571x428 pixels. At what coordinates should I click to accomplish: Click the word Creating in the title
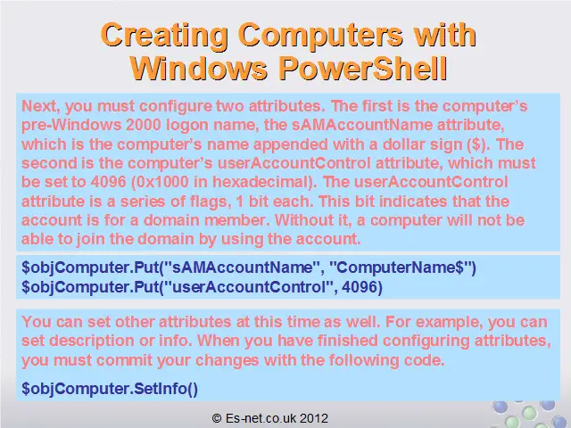(164, 37)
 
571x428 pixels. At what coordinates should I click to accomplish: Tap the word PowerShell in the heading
(363, 68)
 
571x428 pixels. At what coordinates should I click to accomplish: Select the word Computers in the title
(321, 37)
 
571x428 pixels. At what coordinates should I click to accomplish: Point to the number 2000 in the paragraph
(144, 125)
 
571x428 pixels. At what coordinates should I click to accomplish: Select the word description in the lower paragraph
(92, 341)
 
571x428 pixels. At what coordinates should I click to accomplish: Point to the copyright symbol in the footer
(217, 418)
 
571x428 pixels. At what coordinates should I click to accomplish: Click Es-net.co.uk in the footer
(261, 418)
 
